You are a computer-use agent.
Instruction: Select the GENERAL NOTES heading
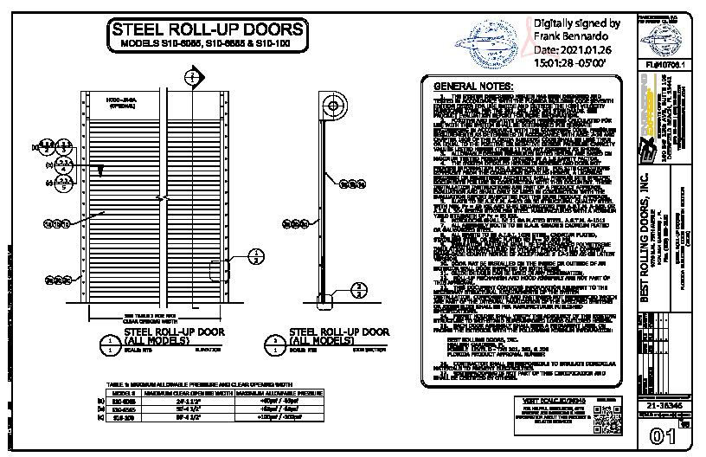click(472, 87)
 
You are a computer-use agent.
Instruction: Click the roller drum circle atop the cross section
click(331, 105)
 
